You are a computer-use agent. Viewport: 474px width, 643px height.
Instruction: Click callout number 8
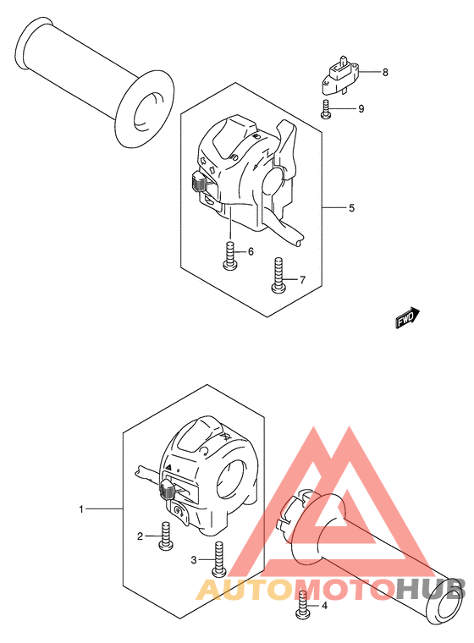pos(385,73)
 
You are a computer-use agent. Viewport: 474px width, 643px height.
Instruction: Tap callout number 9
pos(361,108)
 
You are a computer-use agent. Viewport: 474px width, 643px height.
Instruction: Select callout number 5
pos(351,208)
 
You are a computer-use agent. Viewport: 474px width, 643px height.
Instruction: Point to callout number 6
pos(251,251)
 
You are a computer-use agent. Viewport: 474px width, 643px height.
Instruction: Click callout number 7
pos(302,280)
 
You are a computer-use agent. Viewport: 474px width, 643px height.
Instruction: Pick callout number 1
pos(81,509)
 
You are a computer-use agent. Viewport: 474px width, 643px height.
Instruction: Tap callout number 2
pos(140,536)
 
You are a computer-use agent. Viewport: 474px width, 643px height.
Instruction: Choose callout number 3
pos(194,560)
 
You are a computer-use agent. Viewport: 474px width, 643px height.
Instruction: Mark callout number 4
pos(325,605)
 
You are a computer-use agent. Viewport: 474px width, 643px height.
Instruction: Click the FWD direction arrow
pos(408,318)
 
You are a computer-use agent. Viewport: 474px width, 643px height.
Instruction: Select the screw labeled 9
pos(325,109)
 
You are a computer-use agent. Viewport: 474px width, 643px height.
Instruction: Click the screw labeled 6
pos(230,256)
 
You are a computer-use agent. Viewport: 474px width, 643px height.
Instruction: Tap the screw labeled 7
pos(278,275)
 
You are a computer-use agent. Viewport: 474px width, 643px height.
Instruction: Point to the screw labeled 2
pos(166,536)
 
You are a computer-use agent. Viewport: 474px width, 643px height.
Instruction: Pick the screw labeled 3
pos(218,559)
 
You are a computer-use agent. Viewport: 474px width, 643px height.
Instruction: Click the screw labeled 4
pos(302,605)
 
